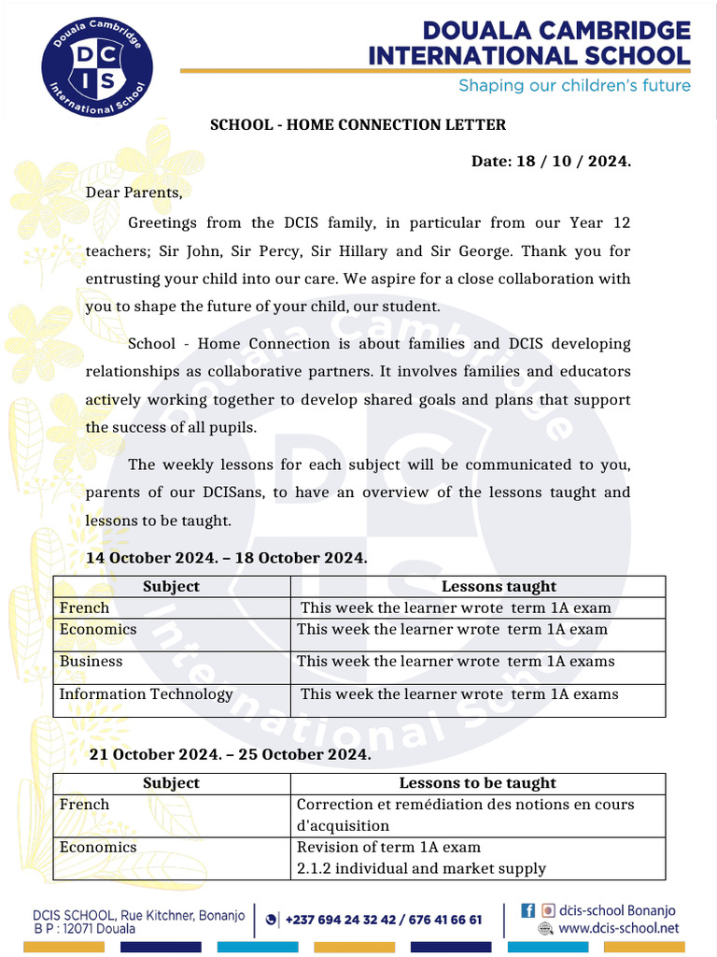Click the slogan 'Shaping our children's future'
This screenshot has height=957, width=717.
(573, 86)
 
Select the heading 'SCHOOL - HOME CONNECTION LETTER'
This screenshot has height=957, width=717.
(358, 124)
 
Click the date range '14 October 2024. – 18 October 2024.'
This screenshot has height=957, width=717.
(226, 558)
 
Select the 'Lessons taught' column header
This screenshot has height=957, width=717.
(498, 587)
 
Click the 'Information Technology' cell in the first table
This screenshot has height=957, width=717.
(146, 693)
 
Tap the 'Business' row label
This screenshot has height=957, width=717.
(91, 661)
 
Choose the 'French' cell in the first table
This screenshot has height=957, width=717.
(84, 607)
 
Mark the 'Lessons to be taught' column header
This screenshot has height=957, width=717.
(477, 783)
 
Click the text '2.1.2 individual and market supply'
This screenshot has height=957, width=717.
(421, 868)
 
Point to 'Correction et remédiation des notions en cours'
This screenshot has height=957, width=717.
(465, 804)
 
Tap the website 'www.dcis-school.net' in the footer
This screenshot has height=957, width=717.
(619, 928)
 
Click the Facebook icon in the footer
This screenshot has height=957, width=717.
(527, 909)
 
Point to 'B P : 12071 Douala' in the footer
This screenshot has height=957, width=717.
(84, 929)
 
